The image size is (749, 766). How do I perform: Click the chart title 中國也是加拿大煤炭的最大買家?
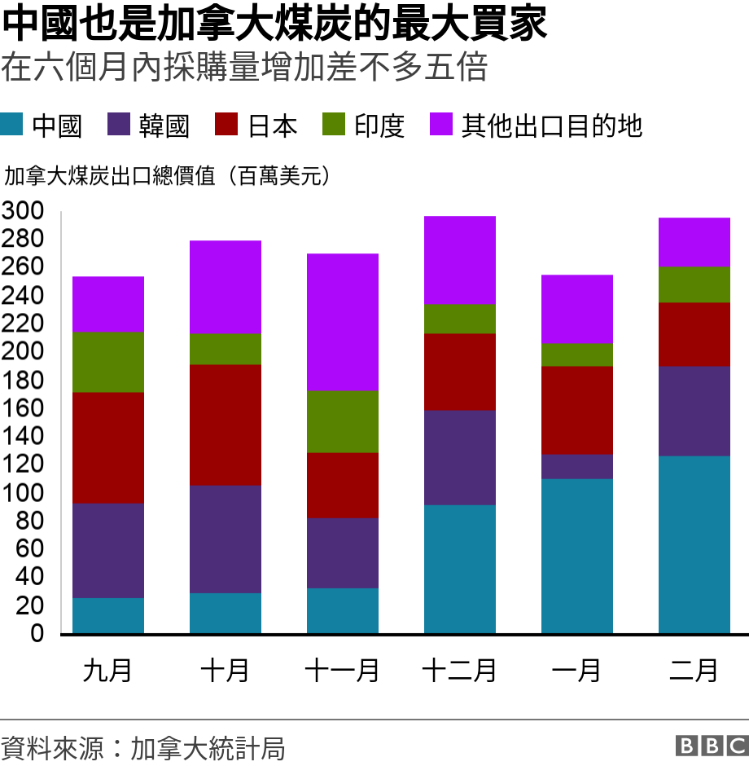click(x=274, y=26)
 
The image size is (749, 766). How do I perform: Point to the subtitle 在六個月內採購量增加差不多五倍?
click(x=244, y=68)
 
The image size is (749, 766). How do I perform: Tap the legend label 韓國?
click(x=164, y=125)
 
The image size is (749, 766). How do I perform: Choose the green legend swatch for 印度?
click(x=334, y=125)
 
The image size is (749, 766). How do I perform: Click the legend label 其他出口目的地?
click(x=552, y=125)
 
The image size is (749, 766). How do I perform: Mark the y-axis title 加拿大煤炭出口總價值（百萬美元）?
click(x=167, y=175)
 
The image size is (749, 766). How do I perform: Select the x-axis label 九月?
click(x=108, y=671)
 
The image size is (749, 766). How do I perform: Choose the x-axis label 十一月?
click(x=343, y=671)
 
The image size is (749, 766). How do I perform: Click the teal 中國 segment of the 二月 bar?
click(x=694, y=544)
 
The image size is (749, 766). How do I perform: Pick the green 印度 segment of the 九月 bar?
click(x=108, y=362)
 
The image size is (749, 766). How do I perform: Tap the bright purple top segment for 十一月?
click(x=343, y=322)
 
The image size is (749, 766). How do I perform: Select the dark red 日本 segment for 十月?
click(x=226, y=425)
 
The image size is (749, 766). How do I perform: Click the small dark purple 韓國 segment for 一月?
click(x=577, y=466)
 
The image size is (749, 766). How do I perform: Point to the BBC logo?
click(x=711, y=746)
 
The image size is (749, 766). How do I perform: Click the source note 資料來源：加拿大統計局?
click(x=143, y=747)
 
